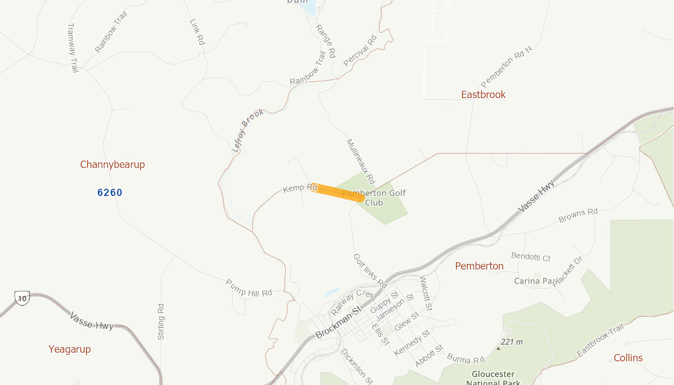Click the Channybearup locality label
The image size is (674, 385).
[113, 165]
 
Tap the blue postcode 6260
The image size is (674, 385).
[110, 192]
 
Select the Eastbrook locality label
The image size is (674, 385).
[483, 95]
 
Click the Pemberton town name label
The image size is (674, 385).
[479, 266]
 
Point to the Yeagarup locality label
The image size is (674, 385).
[70, 349]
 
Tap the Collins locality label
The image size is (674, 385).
[628, 358]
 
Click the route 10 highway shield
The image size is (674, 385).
[22, 298]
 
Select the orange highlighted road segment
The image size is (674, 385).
[337, 192]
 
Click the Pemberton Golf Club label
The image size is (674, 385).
[375, 198]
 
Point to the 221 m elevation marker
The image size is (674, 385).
[511, 343]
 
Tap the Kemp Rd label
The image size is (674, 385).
[300, 187]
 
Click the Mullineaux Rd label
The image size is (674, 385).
[360, 161]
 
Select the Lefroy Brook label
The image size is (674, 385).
[248, 131]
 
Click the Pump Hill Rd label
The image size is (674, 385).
[249, 288]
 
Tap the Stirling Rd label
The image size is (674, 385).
[161, 321]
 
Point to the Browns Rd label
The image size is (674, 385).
[578, 215]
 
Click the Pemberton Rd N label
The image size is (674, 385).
[506, 66]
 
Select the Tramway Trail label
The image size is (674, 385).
[72, 48]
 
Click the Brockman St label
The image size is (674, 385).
[338, 323]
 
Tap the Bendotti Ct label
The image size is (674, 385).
[530, 257]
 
